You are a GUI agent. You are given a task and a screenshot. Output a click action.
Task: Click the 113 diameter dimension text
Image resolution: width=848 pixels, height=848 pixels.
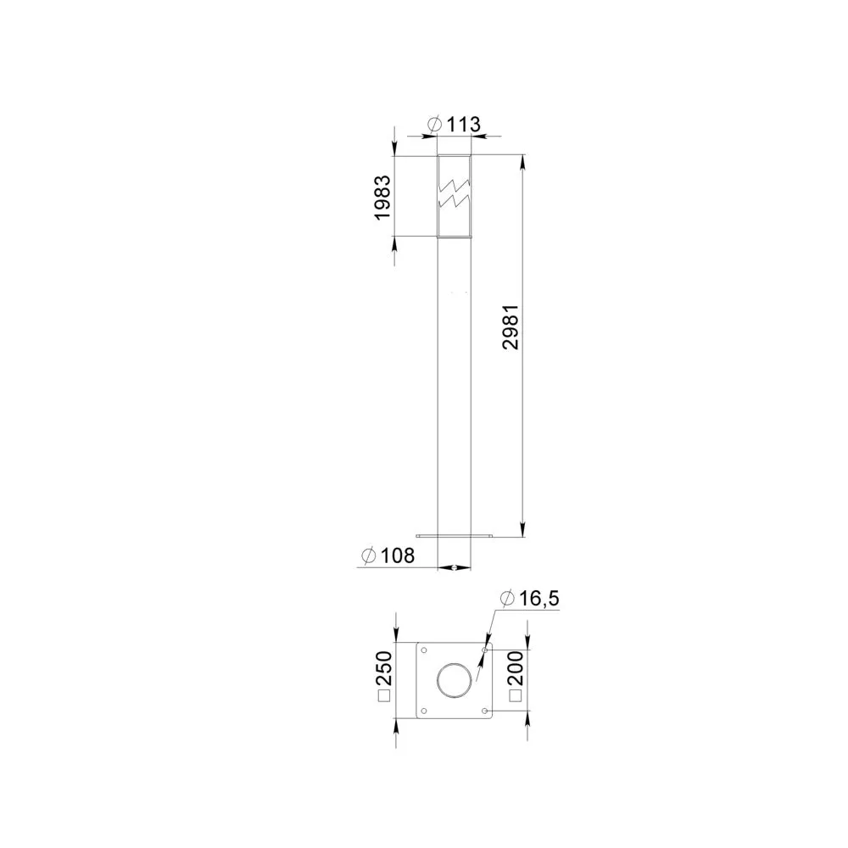tap(464, 125)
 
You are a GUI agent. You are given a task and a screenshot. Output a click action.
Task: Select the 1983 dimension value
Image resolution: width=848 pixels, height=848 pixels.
tap(382, 197)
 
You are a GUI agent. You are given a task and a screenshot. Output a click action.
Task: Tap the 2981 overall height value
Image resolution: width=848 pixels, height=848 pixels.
tap(510, 326)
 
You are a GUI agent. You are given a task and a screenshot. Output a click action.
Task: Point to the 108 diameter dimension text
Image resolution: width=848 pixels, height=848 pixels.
tap(398, 555)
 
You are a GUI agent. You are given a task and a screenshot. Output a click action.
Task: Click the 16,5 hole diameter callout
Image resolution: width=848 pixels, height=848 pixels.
tap(539, 599)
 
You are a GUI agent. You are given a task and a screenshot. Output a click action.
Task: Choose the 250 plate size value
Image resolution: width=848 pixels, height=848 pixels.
tap(383, 669)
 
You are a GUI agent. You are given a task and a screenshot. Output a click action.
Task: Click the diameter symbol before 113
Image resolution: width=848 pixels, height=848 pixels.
tap(435, 125)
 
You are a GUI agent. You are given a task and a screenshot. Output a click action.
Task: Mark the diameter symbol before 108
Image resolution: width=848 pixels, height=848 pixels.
tap(369, 555)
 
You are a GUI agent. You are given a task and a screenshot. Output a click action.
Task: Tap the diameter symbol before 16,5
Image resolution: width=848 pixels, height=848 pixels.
tap(507, 599)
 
